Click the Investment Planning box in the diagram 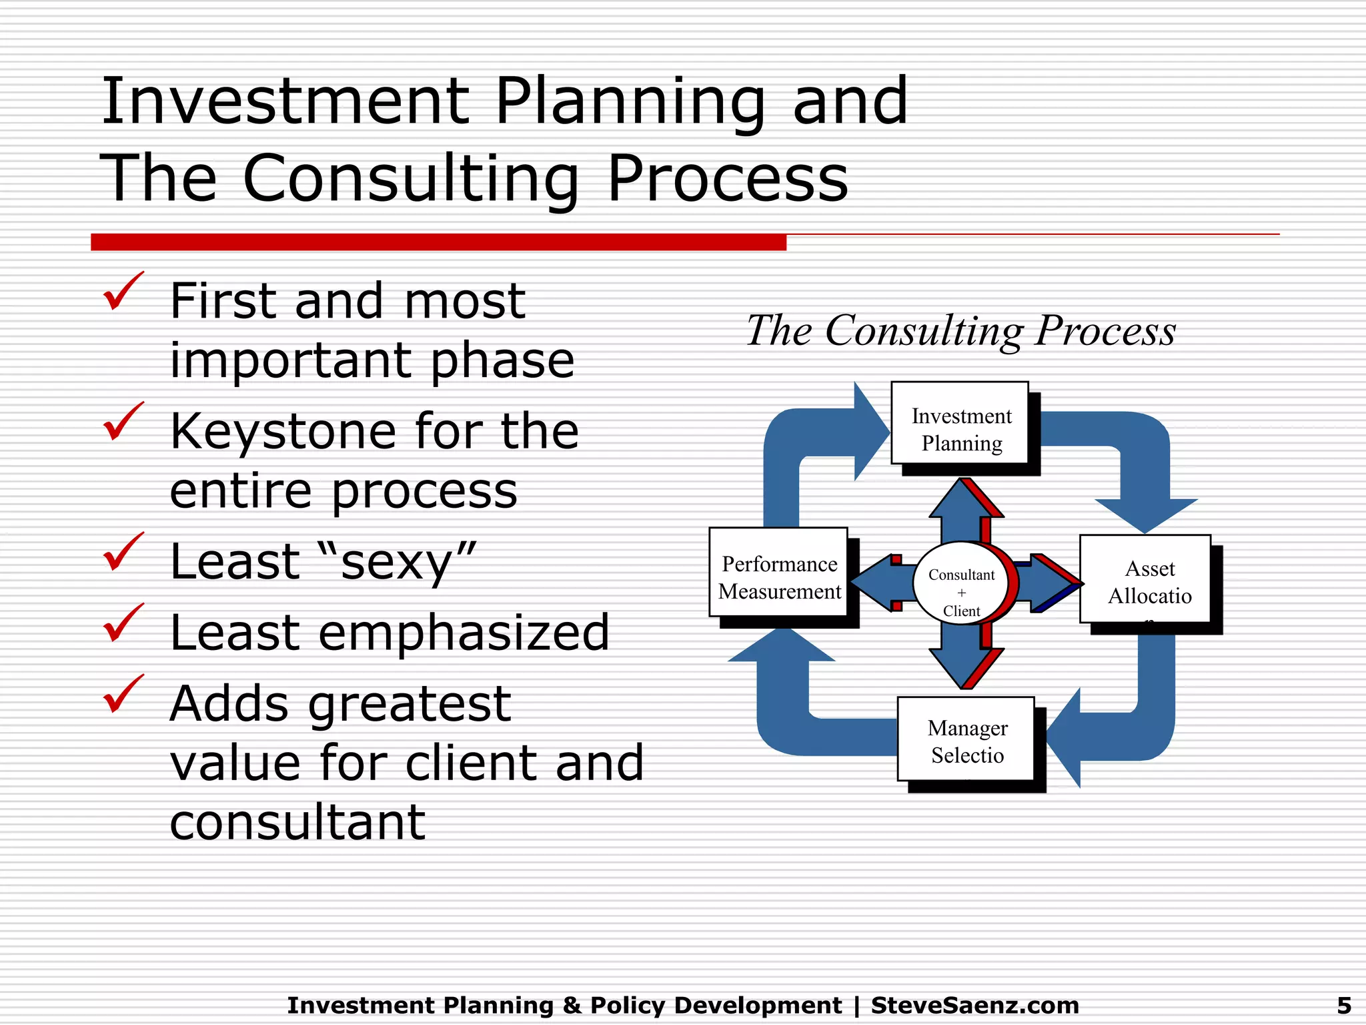[x=960, y=423]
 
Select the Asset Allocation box [x=1145, y=579]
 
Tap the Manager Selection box [x=966, y=739]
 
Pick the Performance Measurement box [x=778, y=572]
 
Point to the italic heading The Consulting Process [x=960, y=330]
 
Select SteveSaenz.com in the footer [x=974, y=1005]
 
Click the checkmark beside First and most [x=123, y=292]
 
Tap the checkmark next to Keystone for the [x=123, y=422]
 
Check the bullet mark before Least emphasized [x=123, y=623]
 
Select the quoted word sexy [x=398, y=562]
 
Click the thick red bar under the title [x=438, y=242]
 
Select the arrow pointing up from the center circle [x=961, y=510]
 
